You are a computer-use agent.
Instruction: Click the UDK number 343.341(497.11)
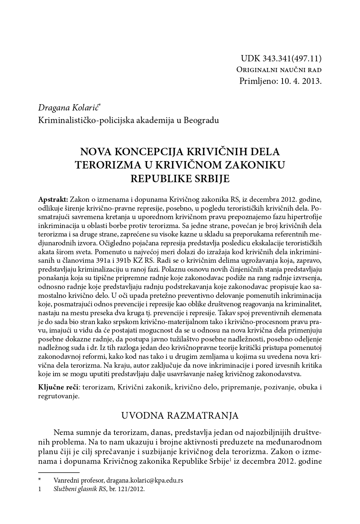click(292, 58)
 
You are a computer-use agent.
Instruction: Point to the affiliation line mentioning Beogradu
click(128, 120)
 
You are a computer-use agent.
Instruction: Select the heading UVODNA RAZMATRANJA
click(180, 415)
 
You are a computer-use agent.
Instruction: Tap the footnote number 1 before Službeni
click(40, 489)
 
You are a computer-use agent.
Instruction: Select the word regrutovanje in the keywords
click(58, 396)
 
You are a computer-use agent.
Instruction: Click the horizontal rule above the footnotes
click(59, 472)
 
